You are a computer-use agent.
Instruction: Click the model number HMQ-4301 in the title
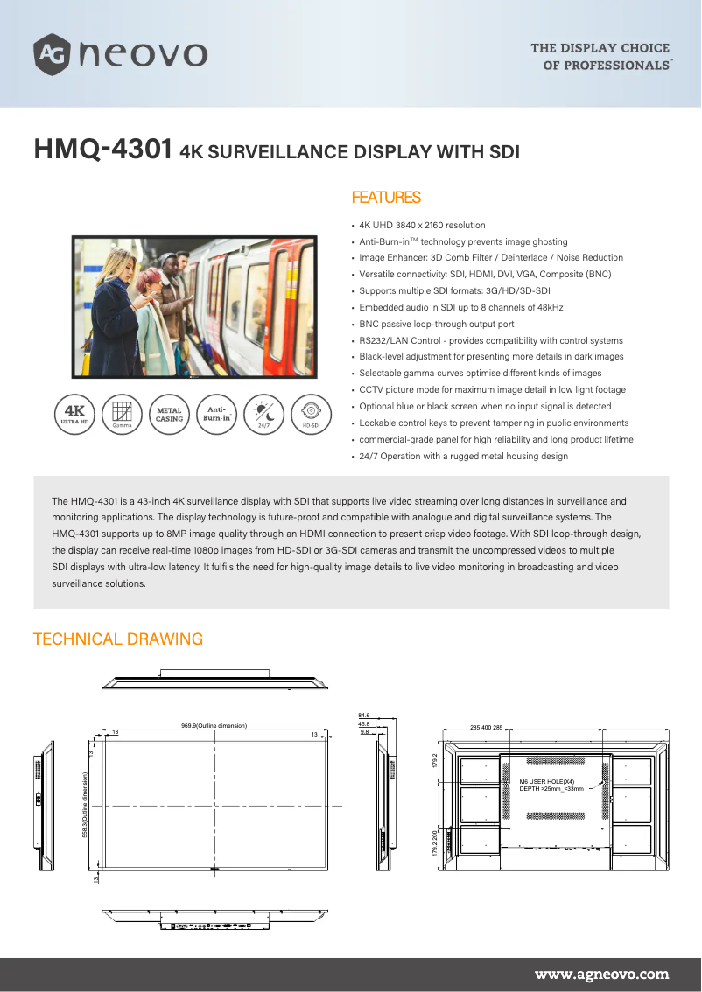tap(102, 150)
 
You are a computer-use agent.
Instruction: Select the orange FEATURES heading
tap(386, 198)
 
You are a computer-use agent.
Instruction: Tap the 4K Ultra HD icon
tap(74, 412)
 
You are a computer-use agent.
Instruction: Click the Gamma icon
tap(122, 412)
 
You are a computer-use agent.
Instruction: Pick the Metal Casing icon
tap(169, 413)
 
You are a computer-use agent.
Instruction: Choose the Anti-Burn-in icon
tap(216, 413)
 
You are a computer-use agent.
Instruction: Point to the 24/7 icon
tap(263, 412)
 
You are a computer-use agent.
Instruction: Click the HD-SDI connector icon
tap(311, 412)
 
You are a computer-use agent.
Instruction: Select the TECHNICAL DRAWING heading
tap(117, 639)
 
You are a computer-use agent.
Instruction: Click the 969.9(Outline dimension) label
tap(214, 726)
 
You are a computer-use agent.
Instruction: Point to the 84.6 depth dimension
tap(364, 716)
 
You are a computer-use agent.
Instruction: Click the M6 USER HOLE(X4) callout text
tap(547, 781)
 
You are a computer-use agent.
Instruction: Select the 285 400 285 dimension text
tap(487, 728)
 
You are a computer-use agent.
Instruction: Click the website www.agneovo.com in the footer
tap(601, 974)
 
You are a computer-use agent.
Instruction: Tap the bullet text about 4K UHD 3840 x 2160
tap(422, 226)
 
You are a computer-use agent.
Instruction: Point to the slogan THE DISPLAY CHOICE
tap(600, 48)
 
